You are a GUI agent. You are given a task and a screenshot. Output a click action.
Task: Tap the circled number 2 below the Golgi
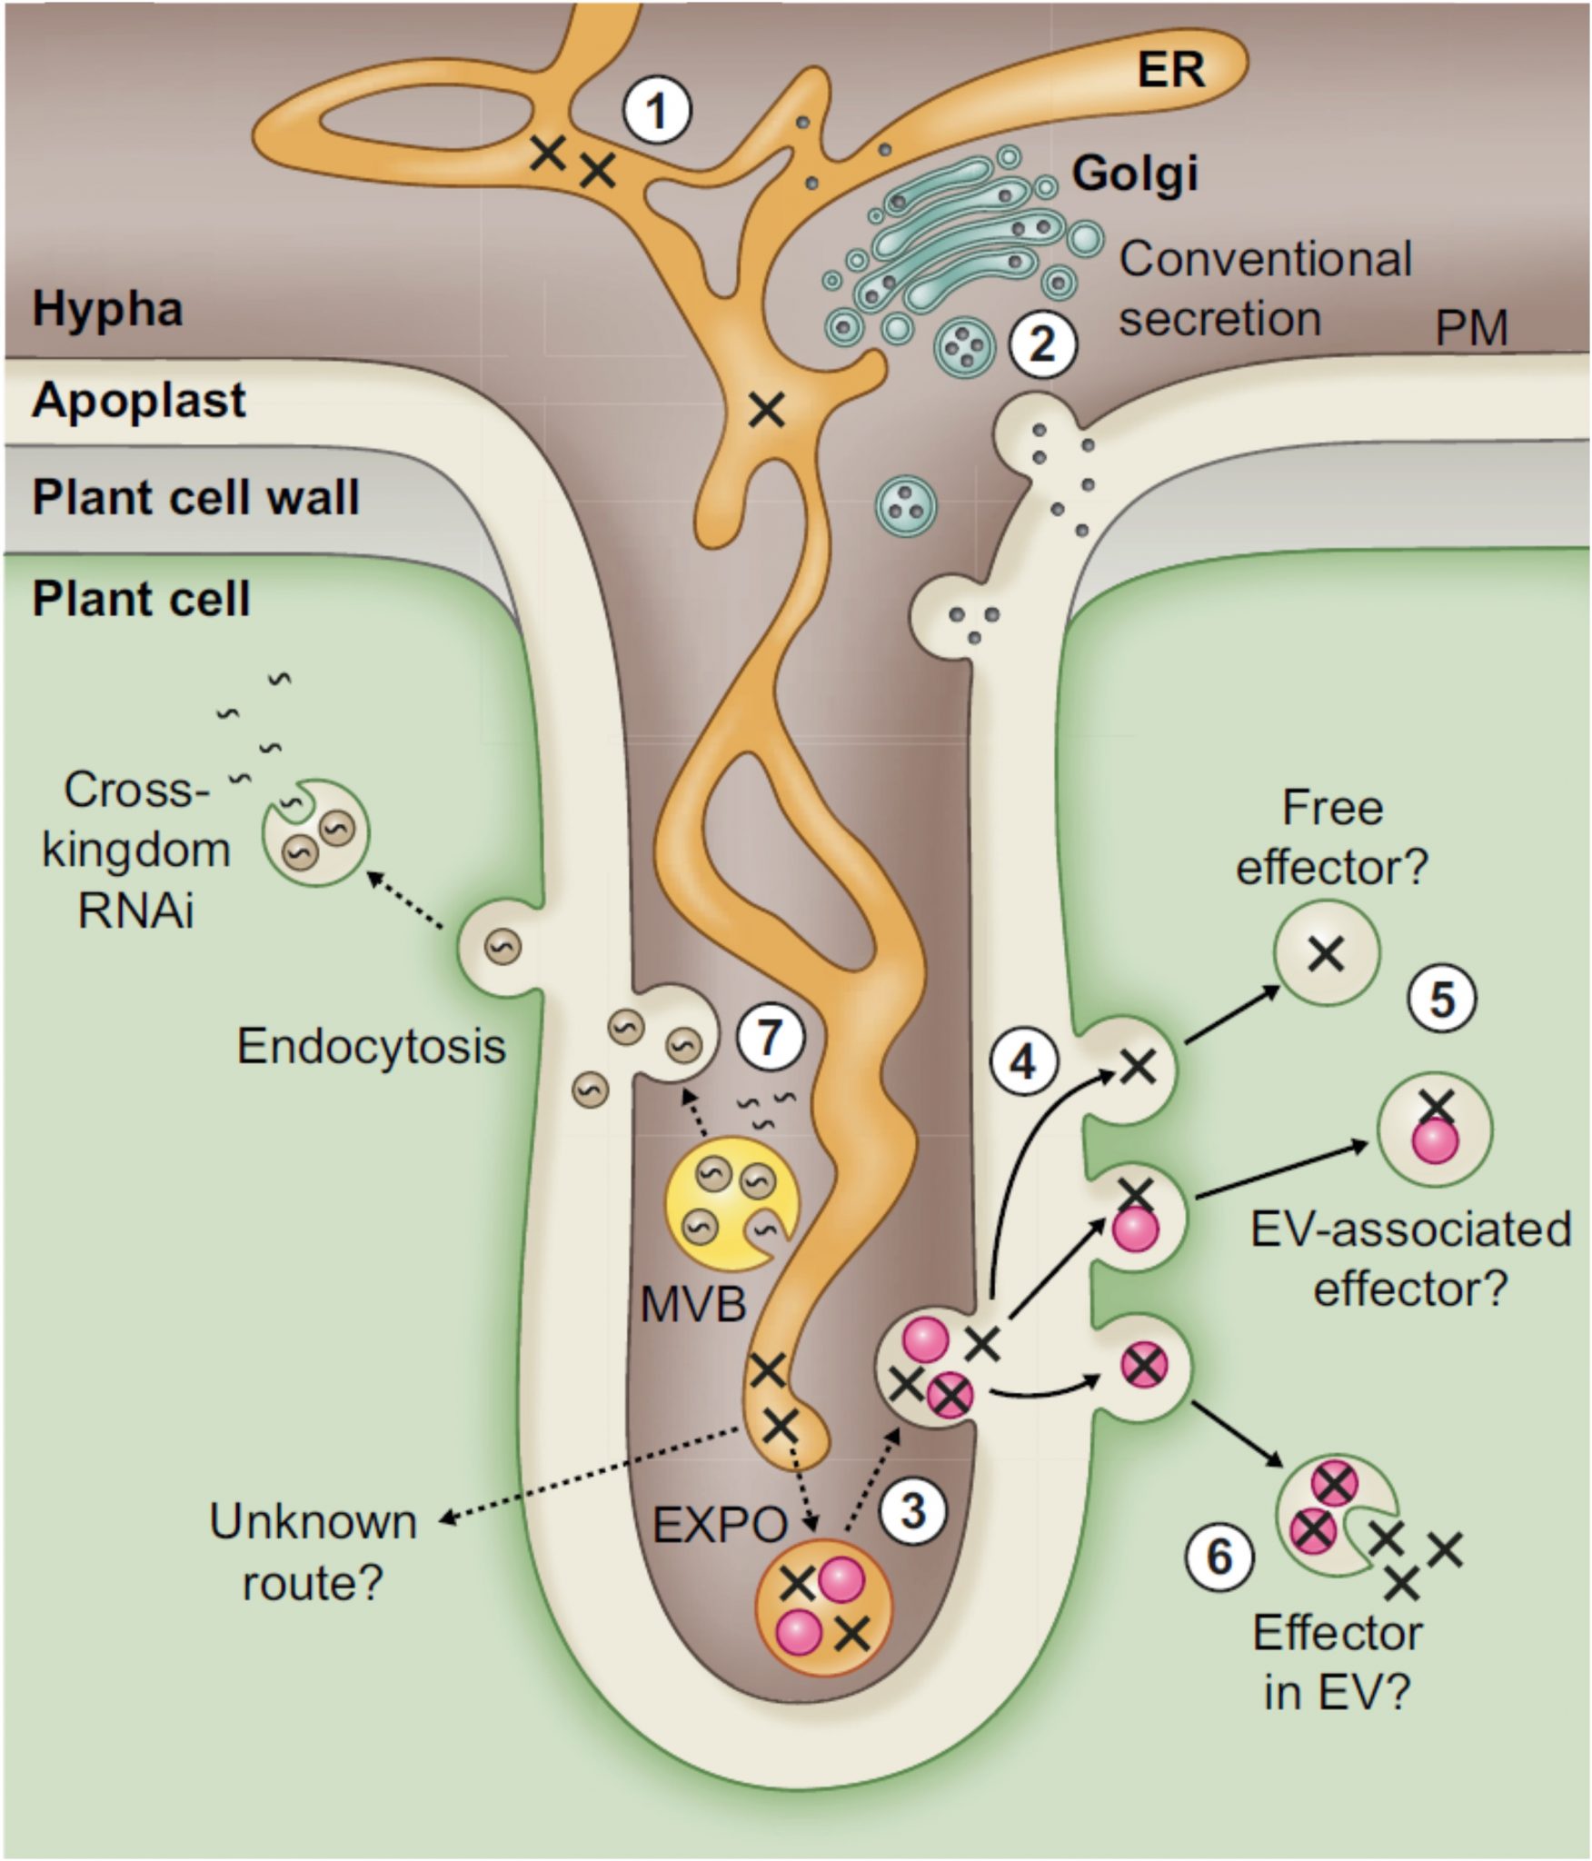coord(1041,344)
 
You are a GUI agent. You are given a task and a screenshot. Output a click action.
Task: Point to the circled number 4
coord(1024,1061)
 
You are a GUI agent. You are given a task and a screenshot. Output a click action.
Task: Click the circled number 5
coord(1442,1000)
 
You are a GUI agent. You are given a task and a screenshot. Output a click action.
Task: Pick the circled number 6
coord(1219,1557)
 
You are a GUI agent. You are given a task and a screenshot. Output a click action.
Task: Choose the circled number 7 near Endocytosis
coord(769,1037)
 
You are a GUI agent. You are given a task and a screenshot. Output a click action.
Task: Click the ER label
coord(1171,69)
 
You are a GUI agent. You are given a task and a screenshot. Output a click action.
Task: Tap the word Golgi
coord(1135,173)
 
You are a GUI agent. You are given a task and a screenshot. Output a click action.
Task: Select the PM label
coord(1471,328)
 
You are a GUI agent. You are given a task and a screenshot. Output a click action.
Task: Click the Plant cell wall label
coord(196,497)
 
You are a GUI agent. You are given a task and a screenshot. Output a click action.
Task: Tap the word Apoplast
coord(138,400)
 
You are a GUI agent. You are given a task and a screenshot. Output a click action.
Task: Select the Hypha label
coord(107,309)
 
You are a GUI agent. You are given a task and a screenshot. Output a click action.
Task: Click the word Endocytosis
coord(371,1046)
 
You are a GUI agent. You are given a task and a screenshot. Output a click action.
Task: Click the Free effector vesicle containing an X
coord(1327,953)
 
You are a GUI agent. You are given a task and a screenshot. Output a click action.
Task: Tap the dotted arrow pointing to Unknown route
coord(591,1473)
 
